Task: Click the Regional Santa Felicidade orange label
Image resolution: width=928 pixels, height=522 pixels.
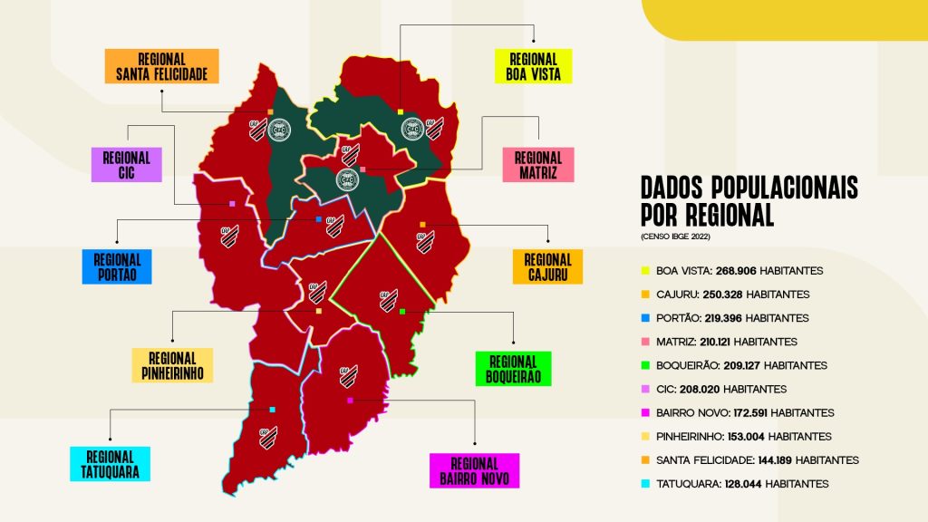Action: click(x=161, y=66)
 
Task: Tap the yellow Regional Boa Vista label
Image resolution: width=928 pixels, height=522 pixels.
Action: click(x=534, y=66)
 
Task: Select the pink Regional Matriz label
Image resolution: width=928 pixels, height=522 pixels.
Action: click(x=538, y=166)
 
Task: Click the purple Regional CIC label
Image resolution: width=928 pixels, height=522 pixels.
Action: click(x=126, y=165)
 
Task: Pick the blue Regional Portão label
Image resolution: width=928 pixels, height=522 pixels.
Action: click(x=116, y=266)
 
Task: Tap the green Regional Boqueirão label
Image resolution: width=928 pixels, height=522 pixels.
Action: click(x=513, y=368)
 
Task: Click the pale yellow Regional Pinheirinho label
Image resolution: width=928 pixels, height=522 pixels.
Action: click(x=171, y=365)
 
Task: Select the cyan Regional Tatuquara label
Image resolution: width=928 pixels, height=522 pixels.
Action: click(x=111, y=464)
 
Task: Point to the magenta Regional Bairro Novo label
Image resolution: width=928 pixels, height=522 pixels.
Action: click(x=474, y=470)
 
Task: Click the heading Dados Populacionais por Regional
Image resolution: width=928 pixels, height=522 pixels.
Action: click(x=749, y=201)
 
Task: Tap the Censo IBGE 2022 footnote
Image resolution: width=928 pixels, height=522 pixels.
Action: click(x=676, y=237)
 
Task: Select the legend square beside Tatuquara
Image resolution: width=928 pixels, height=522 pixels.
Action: click(x=645, y=484)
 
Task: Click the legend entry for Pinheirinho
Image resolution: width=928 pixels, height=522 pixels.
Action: click(x=743, y=436)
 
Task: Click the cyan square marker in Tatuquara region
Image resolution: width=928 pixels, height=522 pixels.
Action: click(x=272, y=410)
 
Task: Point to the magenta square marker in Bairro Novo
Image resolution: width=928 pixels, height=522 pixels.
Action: click(x=349, y=400)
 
